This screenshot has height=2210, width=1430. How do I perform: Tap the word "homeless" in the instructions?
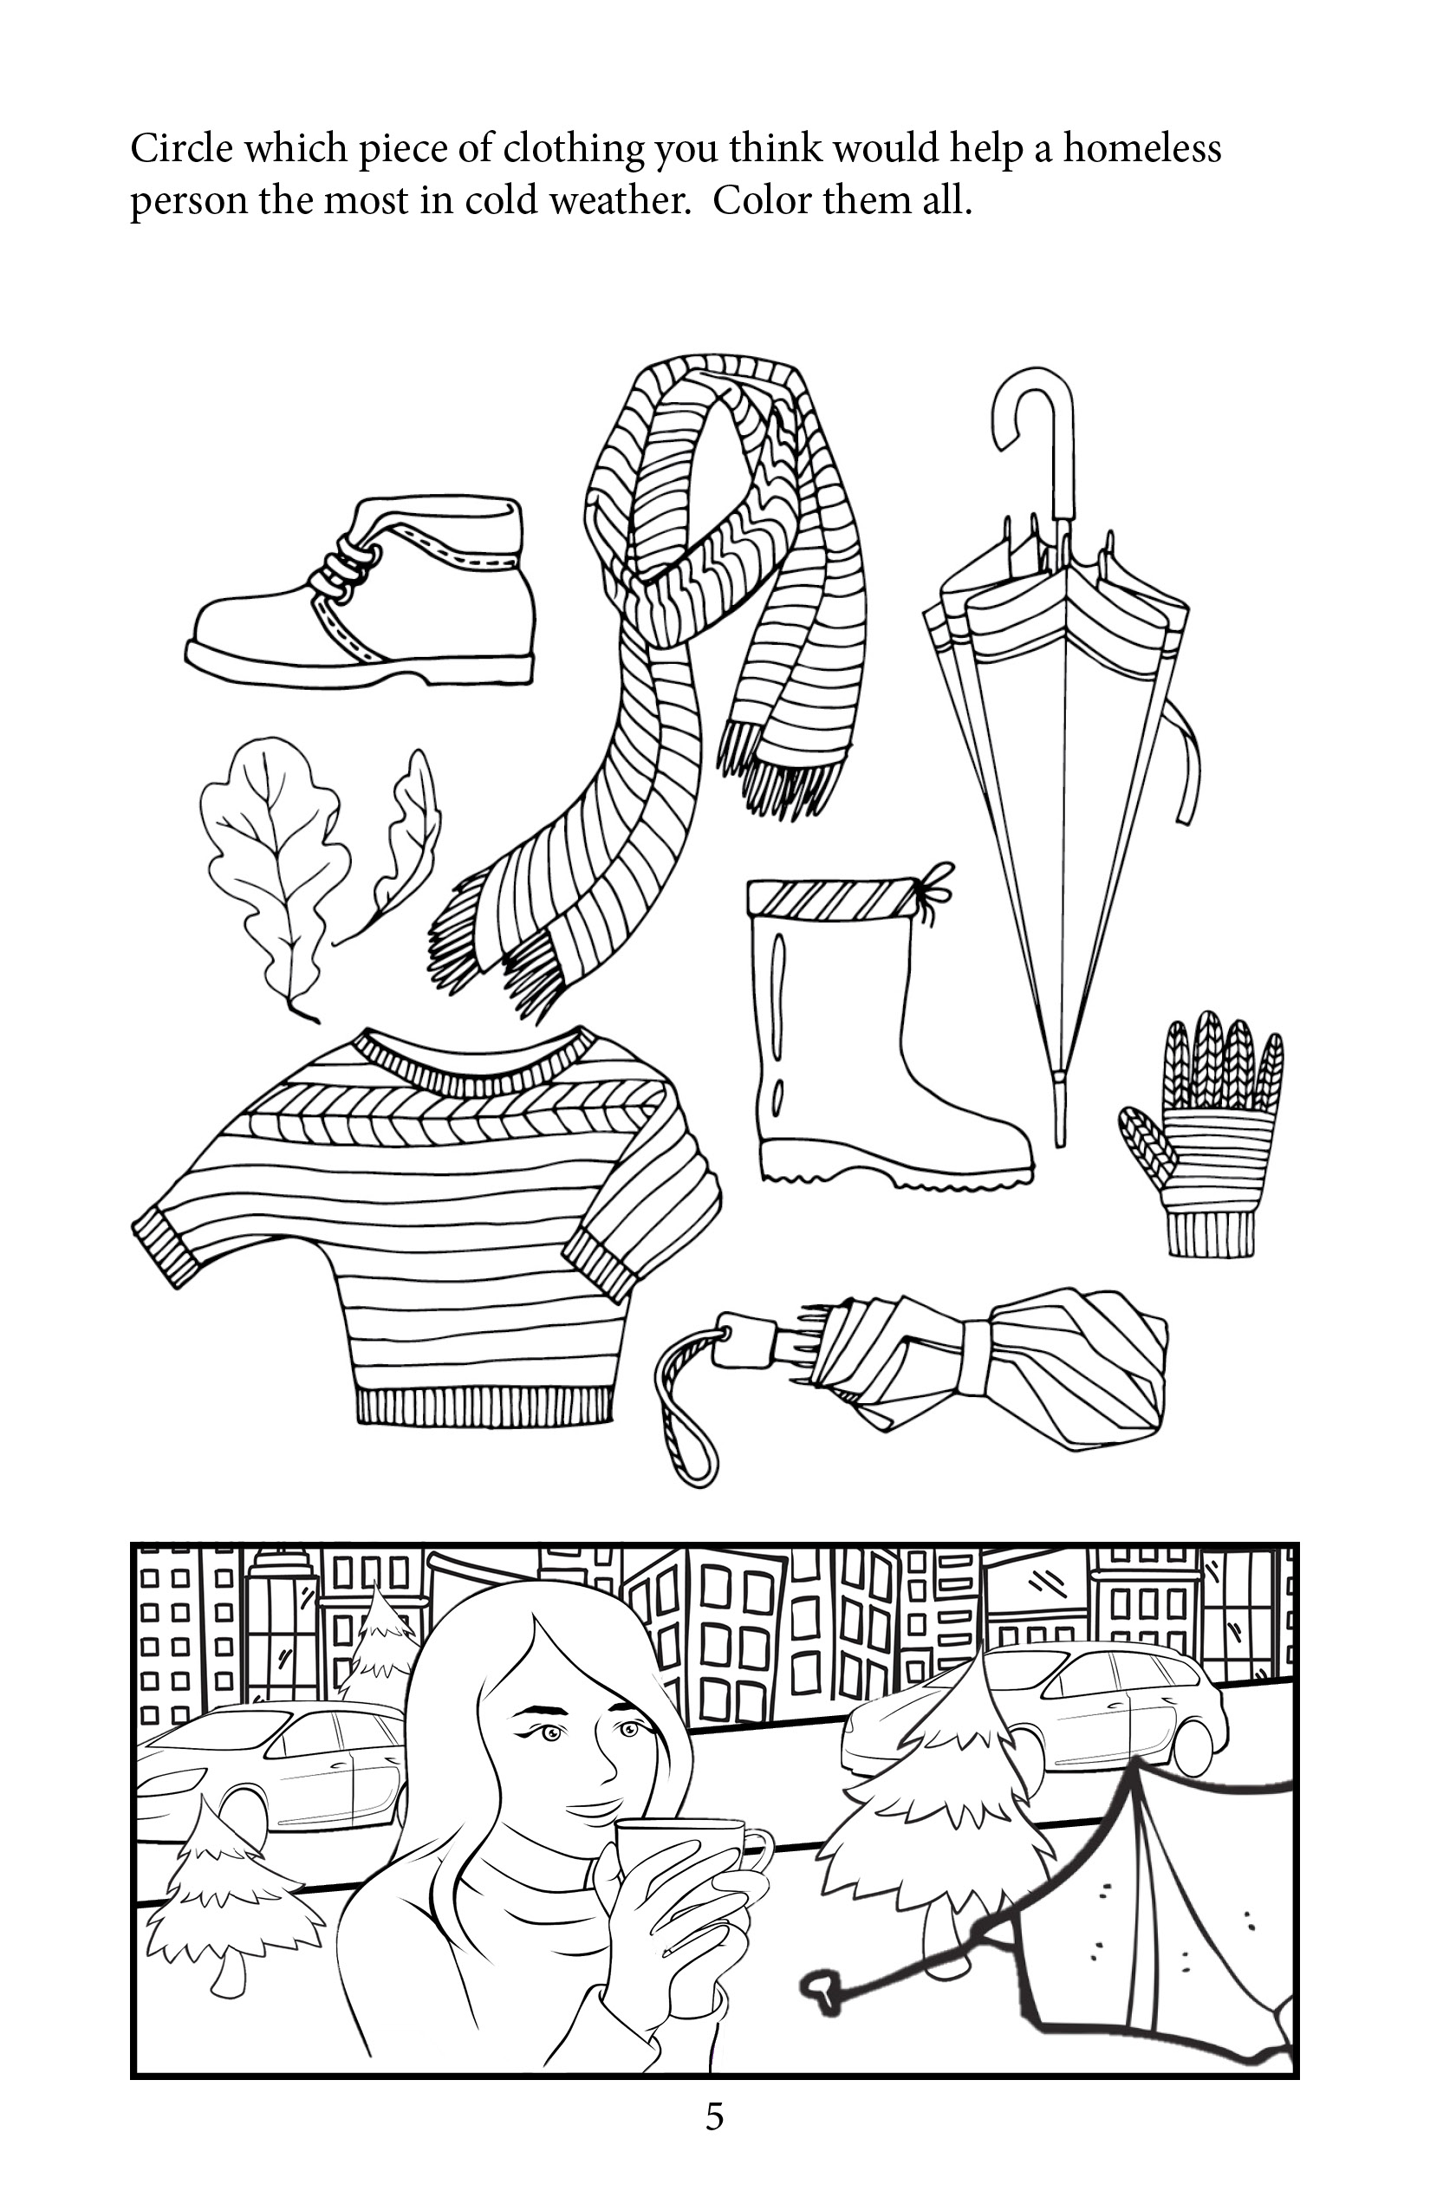click(1141, 148)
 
